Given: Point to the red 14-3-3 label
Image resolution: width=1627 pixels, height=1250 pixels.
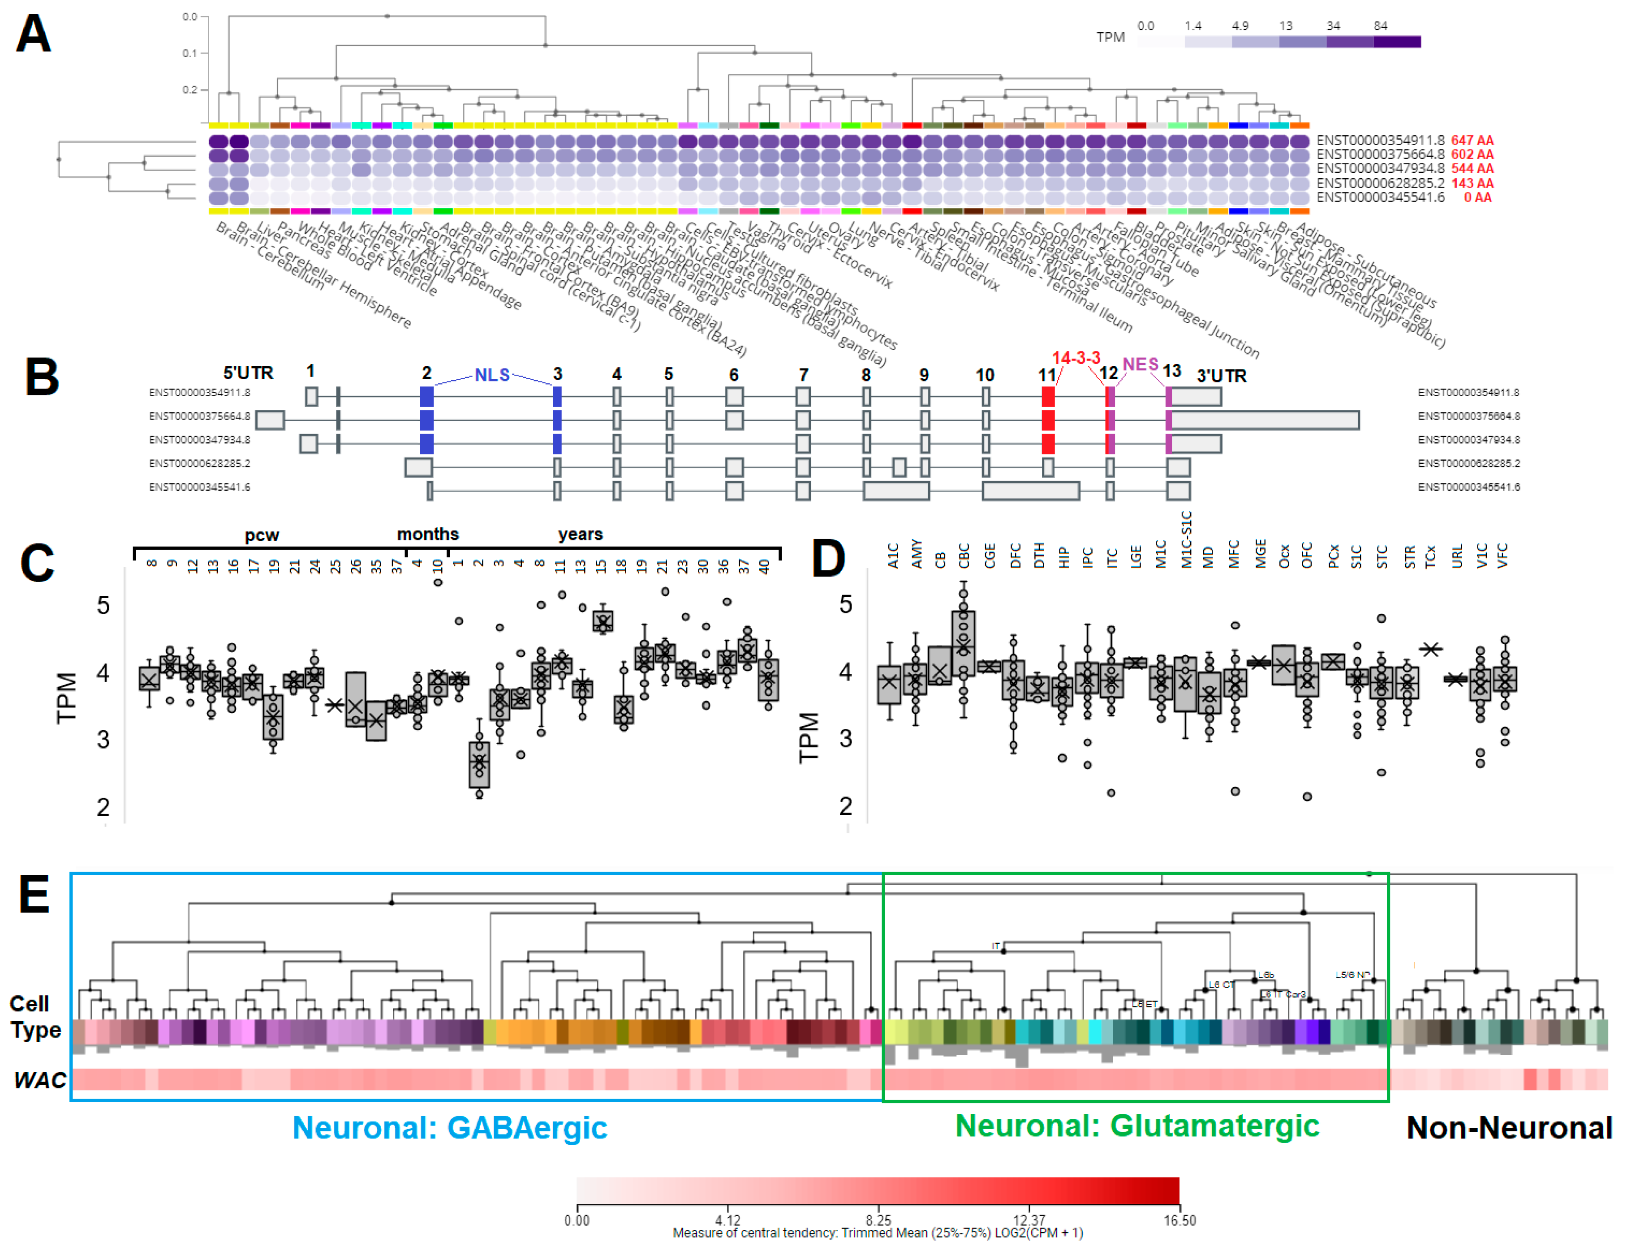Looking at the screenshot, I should click(1076, 358).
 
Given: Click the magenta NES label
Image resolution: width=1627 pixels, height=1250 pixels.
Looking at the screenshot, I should click(1140, 364).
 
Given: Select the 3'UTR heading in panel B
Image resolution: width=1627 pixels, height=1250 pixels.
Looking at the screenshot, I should click(1221, 376).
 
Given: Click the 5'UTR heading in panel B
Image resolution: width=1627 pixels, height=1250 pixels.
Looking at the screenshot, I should click(248, 373).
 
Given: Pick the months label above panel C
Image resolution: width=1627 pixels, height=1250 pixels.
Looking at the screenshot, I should click(427, 534).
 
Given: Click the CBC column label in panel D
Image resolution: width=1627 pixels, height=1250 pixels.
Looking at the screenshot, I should click(964, 555).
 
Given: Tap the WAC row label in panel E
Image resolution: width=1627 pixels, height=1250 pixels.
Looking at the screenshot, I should click(39, 1079).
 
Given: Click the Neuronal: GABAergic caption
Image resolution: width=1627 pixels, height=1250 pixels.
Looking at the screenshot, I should click(450, 1127).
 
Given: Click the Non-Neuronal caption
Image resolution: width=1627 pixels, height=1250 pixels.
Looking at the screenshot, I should click(1509, 1127).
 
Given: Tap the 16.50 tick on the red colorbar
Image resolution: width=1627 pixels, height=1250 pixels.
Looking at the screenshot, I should click(1179, 1220).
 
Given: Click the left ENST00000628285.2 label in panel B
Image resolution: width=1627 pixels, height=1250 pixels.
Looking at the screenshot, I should click(199, 463).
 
